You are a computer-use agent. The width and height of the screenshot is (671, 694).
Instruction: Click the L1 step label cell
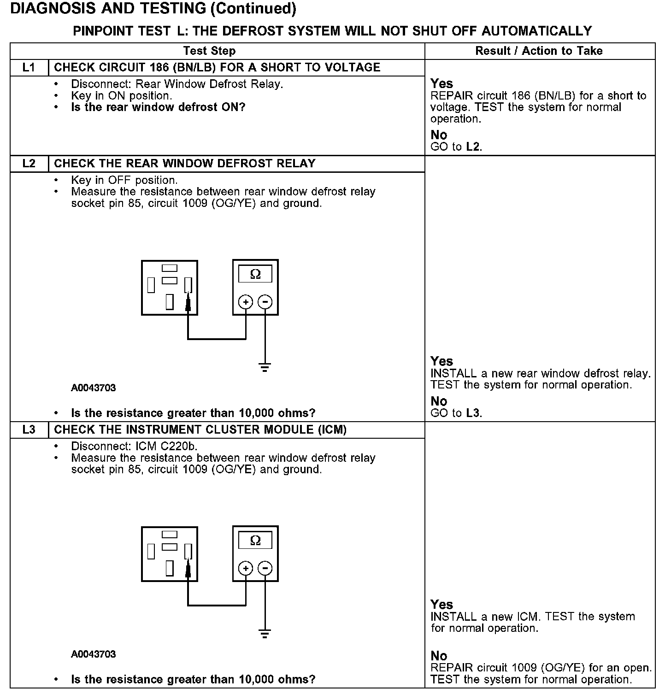coord(29,68)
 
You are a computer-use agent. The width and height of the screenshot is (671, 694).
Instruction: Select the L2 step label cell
coord(29,164)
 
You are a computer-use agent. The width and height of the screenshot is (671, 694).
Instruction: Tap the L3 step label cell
coord(29,430)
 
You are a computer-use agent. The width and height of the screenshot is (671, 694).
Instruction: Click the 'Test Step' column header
coord(209,51)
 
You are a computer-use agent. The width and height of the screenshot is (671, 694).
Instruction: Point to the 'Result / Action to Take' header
coord(539,51)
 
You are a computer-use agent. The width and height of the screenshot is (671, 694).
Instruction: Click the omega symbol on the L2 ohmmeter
coord(255,275)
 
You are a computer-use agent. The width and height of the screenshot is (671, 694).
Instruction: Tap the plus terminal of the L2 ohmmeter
coord(246,302)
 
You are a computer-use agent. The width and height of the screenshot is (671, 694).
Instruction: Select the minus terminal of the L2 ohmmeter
coord(265,302)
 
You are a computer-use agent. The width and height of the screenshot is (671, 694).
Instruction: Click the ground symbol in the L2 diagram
coord(265,367)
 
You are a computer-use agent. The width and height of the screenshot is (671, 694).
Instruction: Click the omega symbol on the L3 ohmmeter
coord(255,541)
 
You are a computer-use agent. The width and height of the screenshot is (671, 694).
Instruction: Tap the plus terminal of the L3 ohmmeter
coord(246,568)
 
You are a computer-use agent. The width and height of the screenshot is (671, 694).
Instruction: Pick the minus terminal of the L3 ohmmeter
coord(265,568)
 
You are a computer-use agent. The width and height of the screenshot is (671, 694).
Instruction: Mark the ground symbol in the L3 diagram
coord(265,634)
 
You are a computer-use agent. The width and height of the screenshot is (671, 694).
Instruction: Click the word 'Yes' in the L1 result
coord(441,84)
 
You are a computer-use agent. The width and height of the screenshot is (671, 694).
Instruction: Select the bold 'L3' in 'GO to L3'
coord(473,413)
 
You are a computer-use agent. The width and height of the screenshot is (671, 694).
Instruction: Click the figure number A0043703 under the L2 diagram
coord(94,388)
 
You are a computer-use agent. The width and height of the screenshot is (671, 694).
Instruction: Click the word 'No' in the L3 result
coord(439,656)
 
